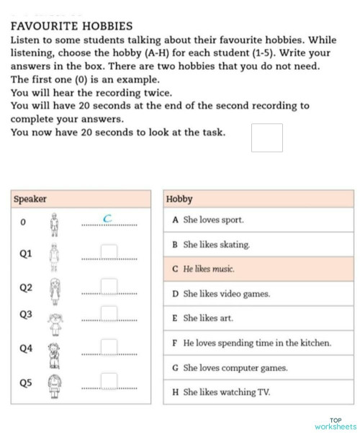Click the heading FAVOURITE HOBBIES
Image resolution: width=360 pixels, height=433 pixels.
[72, 25]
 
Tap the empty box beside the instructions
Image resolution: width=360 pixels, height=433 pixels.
[266, 138]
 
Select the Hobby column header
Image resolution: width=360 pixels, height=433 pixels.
[179, 199]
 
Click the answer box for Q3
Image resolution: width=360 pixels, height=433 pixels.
[109, 313]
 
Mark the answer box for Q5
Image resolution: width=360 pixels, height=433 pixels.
[109, 380]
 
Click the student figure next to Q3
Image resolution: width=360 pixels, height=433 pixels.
[55, 323]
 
